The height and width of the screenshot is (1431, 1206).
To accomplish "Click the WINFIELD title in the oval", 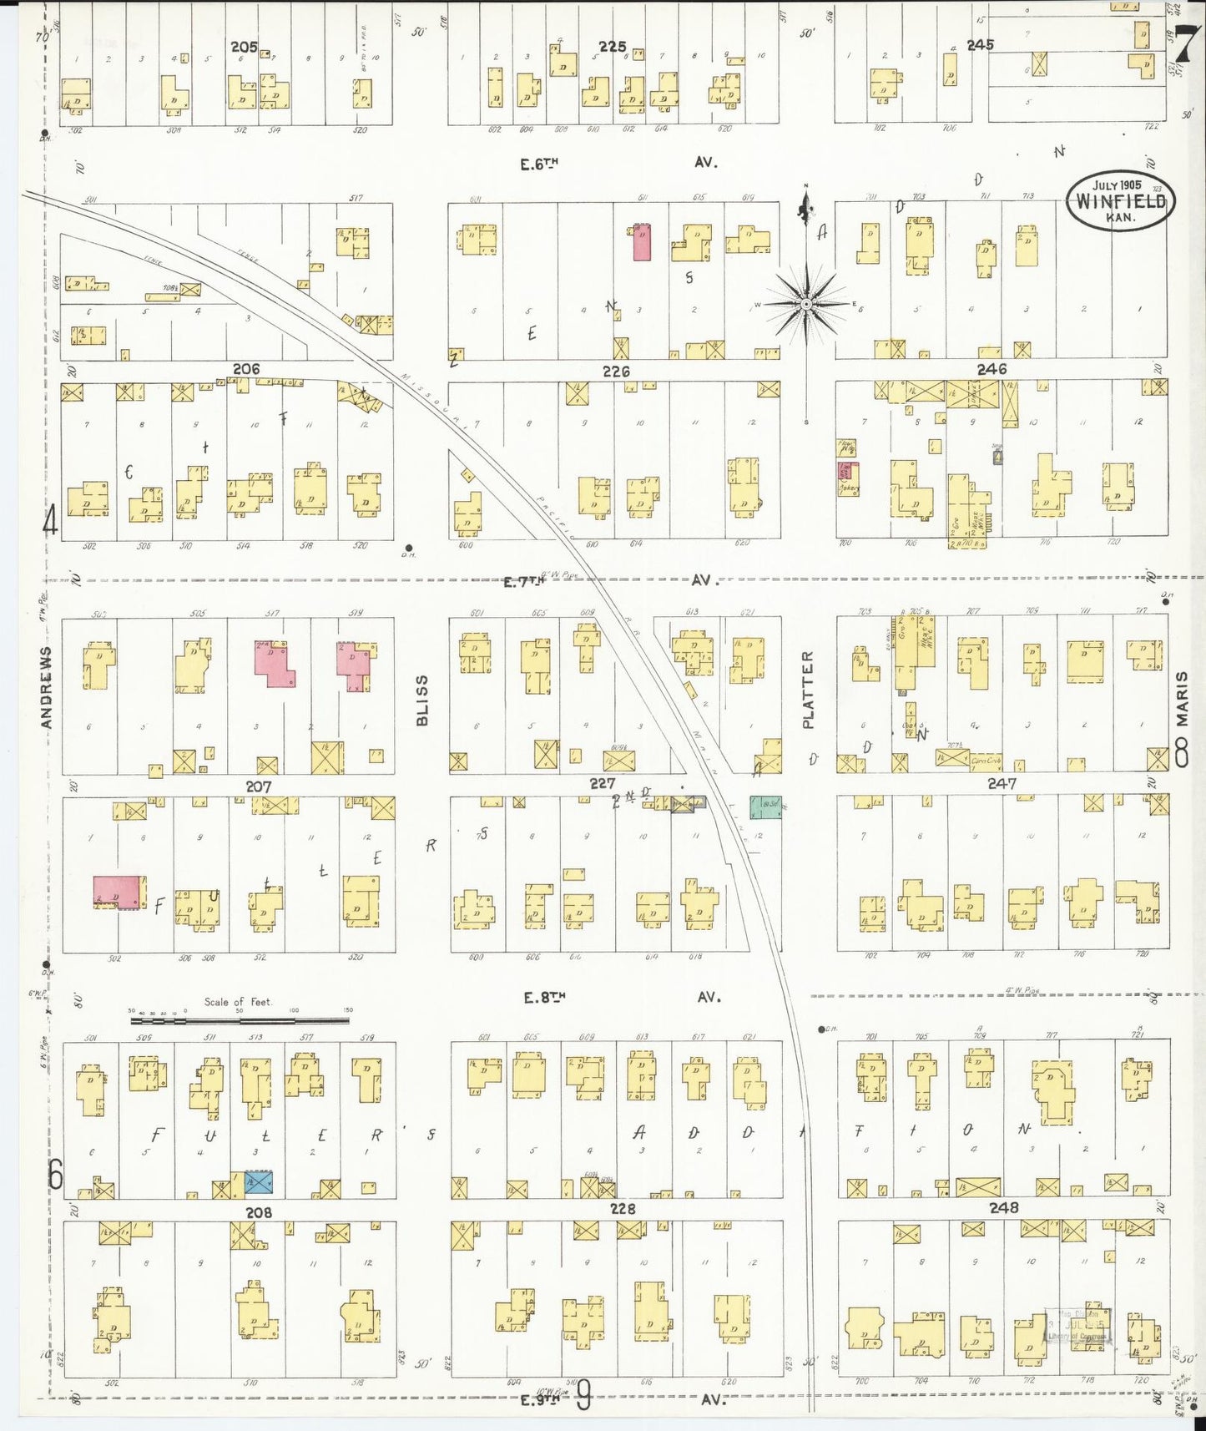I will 1120,201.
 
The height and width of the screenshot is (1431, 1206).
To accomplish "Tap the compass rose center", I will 806,305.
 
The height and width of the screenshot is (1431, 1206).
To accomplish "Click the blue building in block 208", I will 259,1183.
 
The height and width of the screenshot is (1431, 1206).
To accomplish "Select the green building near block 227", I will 766,807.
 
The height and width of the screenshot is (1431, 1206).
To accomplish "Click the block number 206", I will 246,369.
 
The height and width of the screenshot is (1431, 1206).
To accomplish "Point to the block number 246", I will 992,368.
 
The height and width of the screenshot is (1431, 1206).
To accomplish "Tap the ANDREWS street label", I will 47,687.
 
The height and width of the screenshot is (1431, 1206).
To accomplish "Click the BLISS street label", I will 421,700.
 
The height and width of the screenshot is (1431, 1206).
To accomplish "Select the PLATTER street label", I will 808,690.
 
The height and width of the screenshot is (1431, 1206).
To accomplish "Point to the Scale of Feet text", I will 238,1002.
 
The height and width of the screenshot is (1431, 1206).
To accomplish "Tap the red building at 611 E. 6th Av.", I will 642,242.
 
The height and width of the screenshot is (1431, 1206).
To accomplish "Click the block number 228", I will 623,1208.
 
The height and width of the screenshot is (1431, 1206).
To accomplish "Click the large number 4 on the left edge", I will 50,523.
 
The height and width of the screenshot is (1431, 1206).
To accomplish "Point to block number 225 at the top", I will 613,47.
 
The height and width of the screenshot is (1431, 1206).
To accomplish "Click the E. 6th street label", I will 538,164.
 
